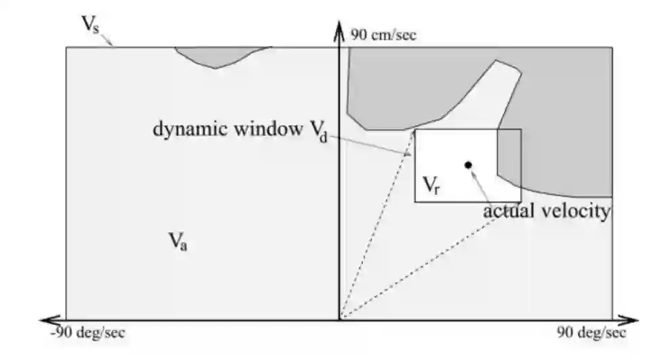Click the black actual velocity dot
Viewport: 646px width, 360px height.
click(x=468, y=164)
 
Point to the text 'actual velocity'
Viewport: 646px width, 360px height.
click(x=546, y=210)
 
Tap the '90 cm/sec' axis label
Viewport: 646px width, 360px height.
click(x=383, y=35)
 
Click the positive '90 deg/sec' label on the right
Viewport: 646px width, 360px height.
click(x=591, y=333)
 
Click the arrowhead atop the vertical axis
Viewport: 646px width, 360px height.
click(x=338, y=26)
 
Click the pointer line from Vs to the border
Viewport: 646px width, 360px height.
click(x=108, y=41)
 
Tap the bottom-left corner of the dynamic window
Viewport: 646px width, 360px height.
click(x=415, y=202)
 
